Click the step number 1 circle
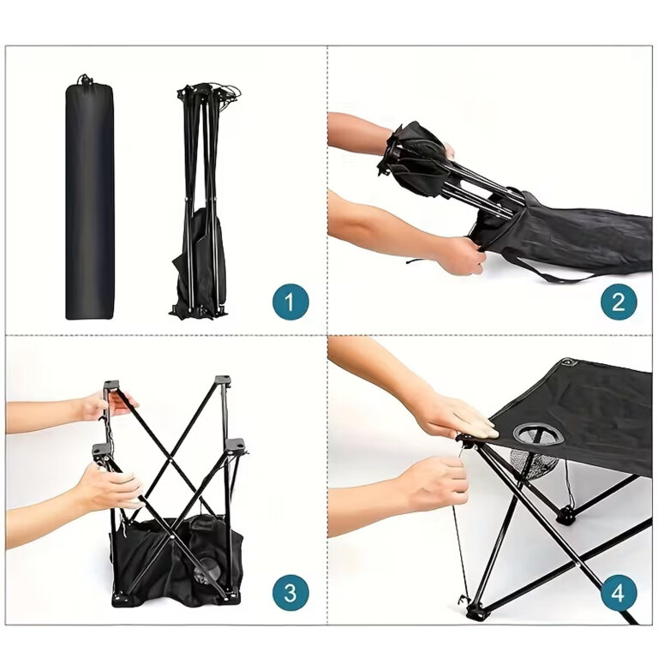[x=290, y=302]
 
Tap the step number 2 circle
[x=619, y=302]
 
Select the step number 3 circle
[x=290, y=592]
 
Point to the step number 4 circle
[x=619, y=592]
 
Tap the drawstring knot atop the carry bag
[x=85, y=79]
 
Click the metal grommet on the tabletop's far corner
[x=568, y=362]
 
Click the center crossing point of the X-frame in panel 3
[x=173, y=459]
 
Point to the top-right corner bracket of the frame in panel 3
[x=223, y=380]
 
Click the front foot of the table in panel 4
[x=476, y=611]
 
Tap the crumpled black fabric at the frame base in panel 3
[x=176, y=562]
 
